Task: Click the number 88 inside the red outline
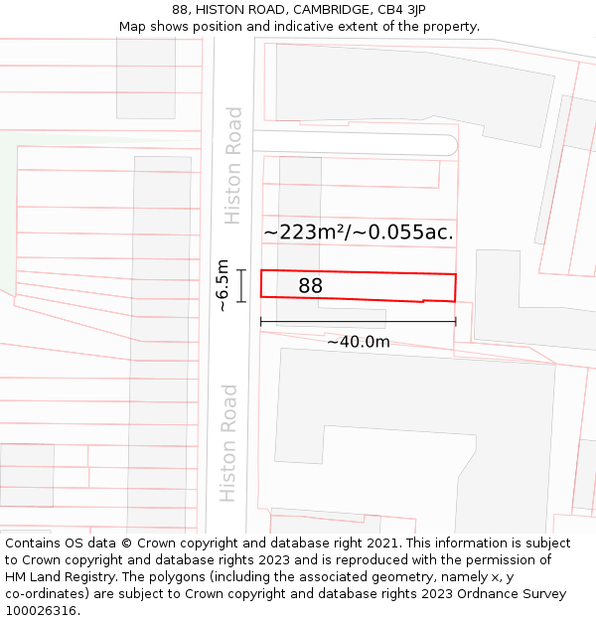tap(310, 286)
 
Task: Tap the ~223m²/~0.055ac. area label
tap(358, 233)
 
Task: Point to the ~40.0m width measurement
tap(358, 342)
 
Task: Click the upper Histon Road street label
tap(233, 165)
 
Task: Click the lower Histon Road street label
tap(228, 442)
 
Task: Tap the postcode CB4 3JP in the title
tap(401, 10)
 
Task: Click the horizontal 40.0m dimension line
tap(358, 321)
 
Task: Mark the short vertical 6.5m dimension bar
tap(240, 285)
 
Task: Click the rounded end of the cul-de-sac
tap(449, 144)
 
